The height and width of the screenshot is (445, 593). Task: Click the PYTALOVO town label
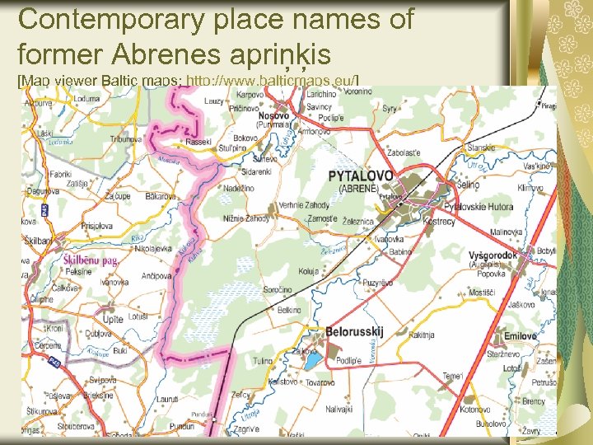point(361,176)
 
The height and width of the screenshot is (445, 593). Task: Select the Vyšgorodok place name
point(493,255)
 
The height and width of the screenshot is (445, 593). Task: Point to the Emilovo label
point(520,336)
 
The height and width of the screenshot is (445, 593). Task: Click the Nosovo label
point(273,116)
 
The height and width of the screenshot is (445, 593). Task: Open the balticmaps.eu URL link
point(273,80)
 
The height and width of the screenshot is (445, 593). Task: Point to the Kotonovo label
point(476,410)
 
